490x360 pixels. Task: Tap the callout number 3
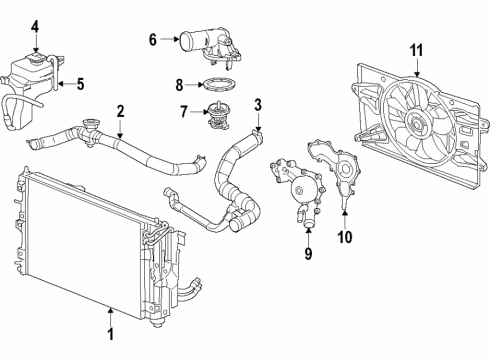[257, 104]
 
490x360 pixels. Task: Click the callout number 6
[153, 41]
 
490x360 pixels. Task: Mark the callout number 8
[181, 85]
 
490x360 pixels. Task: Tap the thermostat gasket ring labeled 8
[219, 86]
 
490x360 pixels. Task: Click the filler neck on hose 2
[94, 127]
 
